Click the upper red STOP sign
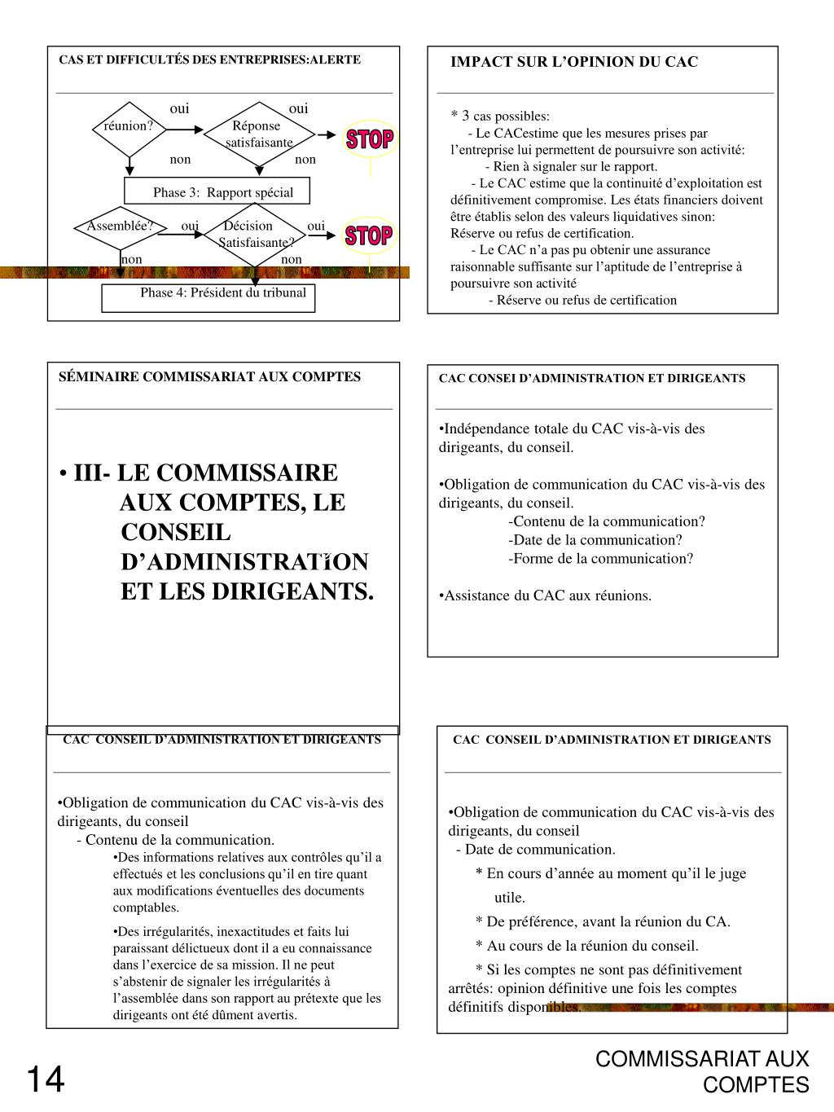tap(370, 139)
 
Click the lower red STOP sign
tap(369, 236)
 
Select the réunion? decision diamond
tap(129, 127)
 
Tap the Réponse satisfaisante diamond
tap(259, 134)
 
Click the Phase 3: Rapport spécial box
tap(217, 192)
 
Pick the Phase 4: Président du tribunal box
tap(208, 298)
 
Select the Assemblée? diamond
tap(121, 227)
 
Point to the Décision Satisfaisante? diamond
tap(256, 235)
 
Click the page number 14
tap(45, 1080)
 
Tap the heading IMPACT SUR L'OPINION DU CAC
tap(574, 62)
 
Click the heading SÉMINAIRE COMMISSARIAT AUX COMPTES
tap(209, 376)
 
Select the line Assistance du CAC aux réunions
tap(546, 596)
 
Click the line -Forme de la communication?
tap(600, 559)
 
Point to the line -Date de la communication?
tap(595, 540)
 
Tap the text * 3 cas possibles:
tap(500, 116)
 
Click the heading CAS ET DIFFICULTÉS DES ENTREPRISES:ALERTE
tap(209, 59)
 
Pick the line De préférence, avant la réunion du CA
tap(603, 922)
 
